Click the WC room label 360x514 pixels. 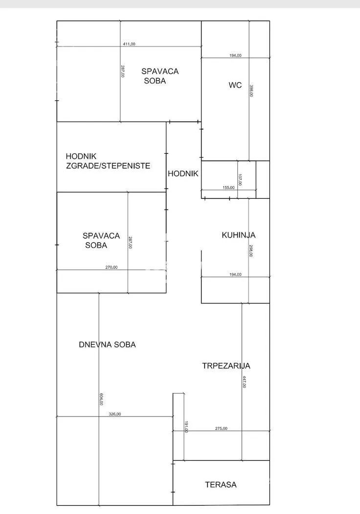235,85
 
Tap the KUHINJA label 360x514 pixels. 239,235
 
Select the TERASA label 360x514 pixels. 221,485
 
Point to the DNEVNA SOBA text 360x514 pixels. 107,345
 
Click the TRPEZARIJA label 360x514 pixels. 226,366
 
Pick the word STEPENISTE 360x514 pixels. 128,166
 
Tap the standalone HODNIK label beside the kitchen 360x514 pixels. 183,173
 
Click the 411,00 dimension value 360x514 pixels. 129,44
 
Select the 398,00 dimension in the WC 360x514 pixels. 251,91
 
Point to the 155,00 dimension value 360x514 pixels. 228,187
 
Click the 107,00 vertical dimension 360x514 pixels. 240,180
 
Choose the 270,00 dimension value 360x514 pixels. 112,267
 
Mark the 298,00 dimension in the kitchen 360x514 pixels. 251,251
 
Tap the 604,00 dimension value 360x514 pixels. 101,400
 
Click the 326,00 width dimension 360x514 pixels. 114,414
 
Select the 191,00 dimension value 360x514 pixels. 186,426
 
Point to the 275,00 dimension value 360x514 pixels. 221,428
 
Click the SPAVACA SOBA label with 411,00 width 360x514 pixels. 160,76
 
